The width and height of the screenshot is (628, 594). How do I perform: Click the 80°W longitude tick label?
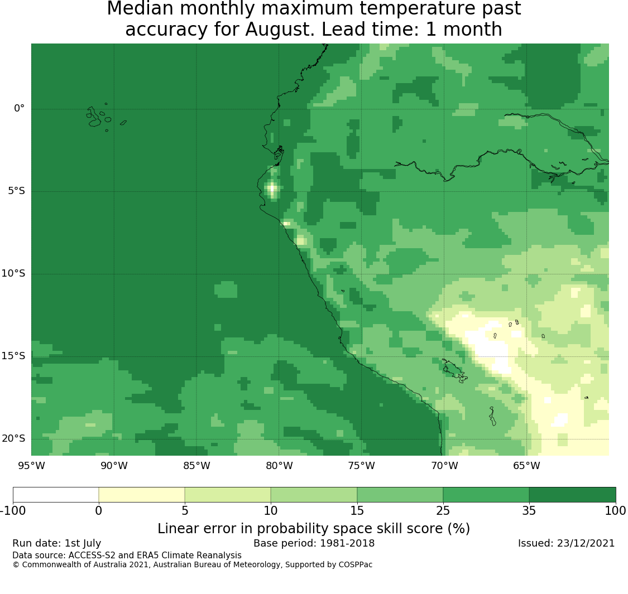point(279,466)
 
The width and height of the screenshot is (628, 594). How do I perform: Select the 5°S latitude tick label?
point(16,191)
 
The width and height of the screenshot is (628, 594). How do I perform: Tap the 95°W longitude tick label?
point(32,466)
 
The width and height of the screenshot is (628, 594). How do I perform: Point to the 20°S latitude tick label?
point(13,439)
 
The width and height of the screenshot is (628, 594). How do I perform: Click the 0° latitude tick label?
point(19,108)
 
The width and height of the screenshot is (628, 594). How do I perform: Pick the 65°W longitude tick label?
point(526,466)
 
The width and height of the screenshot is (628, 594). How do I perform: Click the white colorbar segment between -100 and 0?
point(56,495)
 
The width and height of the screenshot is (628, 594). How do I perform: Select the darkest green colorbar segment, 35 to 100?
point(572,495)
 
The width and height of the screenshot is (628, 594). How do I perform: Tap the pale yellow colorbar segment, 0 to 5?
point(142,495)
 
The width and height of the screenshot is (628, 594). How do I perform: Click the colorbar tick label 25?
point(443,511)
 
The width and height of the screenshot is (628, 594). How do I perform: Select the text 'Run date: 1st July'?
point(56,544)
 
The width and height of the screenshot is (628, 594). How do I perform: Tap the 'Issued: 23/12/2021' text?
point(566,543)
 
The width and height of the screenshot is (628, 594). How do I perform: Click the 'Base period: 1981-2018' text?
point(314,543)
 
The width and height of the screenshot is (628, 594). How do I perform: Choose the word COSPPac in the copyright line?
point(355,565)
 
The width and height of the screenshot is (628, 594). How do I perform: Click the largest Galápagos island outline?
point(94,118)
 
